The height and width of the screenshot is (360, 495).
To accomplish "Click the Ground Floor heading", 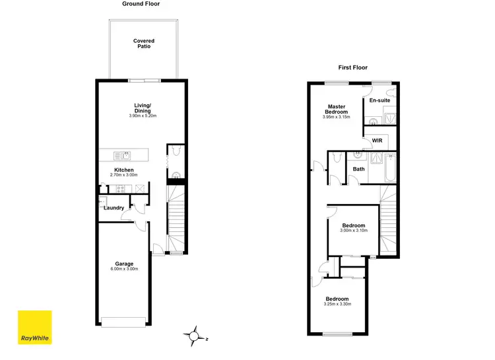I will pyautogui.click(x=141, y=4).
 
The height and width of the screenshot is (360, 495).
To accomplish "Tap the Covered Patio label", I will pyautogui.click(x=144, y=44).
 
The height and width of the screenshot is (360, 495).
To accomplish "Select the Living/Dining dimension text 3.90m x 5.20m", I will pyautogui.click(x=143, y=116).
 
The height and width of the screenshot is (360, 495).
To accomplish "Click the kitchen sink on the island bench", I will pyautogui.click(x=122, y=156).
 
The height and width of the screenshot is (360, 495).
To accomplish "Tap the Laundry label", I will pyautogui.click(x=114, y=208).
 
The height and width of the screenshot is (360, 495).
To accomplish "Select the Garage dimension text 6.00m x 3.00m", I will pyautogui.click(x=125, y=269).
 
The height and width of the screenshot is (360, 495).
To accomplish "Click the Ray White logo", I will pyautogui.click(x=34, y=328).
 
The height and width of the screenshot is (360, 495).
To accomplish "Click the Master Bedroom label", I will pyautogui.click(x=337, y=109).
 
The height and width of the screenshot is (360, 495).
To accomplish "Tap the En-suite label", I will pyautogui.click(x=379, y=100).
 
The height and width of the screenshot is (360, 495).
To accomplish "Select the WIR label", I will pyautogui.click(x=377, y=141).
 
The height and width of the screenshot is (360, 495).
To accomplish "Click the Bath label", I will pyautogui.click(x=358, y=169).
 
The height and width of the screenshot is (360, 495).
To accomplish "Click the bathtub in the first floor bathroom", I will pyautogui.click(x=389, y=168).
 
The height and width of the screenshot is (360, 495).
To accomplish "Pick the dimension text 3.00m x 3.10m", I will pyautogui.click(x=353, y=231).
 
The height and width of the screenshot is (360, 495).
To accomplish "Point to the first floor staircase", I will pyautogui.click(x=389, y=221).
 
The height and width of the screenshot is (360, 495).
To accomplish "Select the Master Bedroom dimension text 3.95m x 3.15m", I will pyautogui.click(x=337, y=117).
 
